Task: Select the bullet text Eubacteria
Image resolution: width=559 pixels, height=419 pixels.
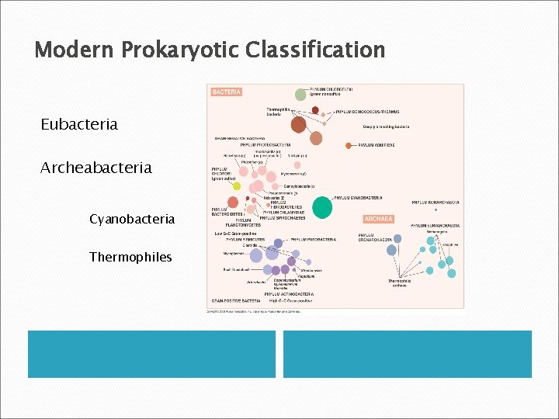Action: [x=80, y=124]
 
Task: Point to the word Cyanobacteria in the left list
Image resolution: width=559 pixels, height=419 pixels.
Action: [x=132, y=220]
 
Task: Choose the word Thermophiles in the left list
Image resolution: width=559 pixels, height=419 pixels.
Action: [x=130, y=257]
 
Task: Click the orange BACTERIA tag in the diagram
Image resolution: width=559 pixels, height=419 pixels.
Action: [x=227, y=92]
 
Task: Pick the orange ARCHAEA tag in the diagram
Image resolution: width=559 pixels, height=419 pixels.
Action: [x=377, y=220]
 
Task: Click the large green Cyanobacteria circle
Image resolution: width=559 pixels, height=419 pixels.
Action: [x=322, y=206]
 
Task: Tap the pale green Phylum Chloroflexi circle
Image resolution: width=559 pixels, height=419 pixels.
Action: [x=300, y=94]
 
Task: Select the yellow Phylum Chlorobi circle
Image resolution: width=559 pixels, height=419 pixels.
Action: [x=237, y=185]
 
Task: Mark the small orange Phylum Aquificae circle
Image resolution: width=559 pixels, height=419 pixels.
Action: [x=348, y=145]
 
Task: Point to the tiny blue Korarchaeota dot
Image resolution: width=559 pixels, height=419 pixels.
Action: [x=436, y=209]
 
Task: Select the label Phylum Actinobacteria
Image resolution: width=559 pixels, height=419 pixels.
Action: [x=289, y=295]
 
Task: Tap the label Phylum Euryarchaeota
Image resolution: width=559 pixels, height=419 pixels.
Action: [x=436, y=225]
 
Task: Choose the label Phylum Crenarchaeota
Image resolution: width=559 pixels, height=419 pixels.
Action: [x=376, y=237]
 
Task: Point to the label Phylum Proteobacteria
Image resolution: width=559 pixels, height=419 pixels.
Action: [x=266, y=144]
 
